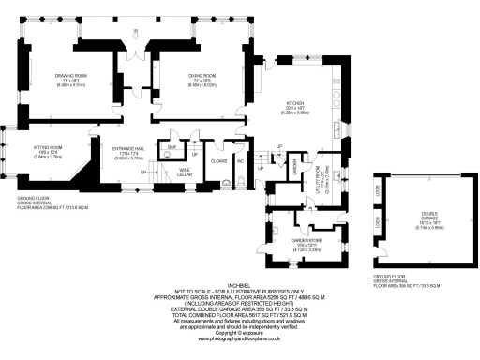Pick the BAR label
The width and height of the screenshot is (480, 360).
pyautogui.click(x=172, y=147)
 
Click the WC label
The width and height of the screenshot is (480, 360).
pyautogui.click(x=242, y=160)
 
